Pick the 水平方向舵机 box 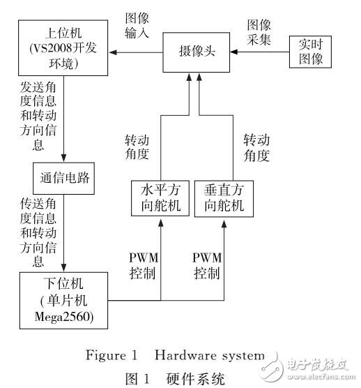coord(160,198)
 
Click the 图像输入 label coord(137,25)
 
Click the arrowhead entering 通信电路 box coord(63,159)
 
